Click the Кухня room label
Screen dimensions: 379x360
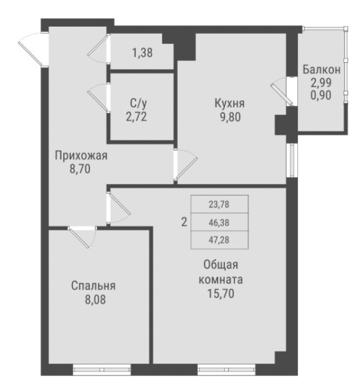230,103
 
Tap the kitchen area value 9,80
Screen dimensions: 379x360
230,117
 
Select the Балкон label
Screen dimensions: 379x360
321,69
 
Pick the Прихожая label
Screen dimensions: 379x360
81,156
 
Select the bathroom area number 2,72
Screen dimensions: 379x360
136,116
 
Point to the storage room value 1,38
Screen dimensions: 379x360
142,53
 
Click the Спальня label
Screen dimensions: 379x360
93,285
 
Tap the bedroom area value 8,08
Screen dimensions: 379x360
93,298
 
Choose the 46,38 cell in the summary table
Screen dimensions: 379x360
219,222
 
